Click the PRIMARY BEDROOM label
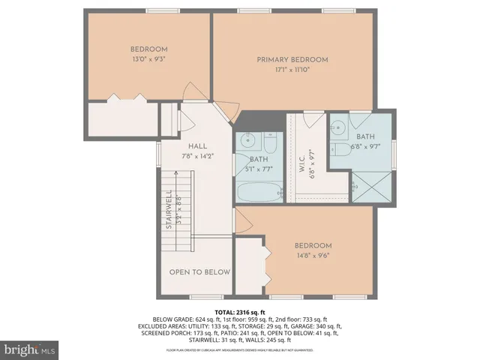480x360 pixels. pos(292,59)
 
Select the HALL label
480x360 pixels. pos(197,146)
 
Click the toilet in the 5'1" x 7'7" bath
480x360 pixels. pos(270,140)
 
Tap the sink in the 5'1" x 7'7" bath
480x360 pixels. pos(247,140)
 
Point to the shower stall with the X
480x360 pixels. pos(371,187)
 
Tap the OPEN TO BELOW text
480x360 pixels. pos(199,271)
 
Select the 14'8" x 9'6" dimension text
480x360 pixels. pos(313,255)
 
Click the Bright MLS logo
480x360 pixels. pos(30,349)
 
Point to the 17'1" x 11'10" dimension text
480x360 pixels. pos(292,69)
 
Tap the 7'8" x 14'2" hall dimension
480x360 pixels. pos(197,156)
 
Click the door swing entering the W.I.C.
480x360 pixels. pos(313,118)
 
